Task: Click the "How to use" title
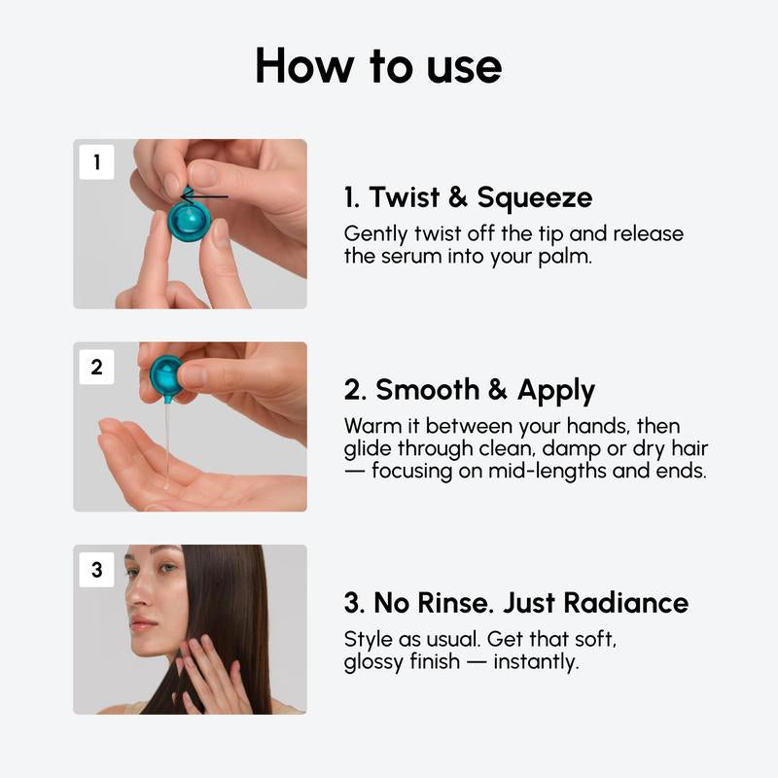378,66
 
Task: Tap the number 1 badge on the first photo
96,162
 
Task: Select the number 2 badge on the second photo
96,367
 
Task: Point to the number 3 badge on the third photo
96,570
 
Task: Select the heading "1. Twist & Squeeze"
468,197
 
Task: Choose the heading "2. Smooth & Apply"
470,390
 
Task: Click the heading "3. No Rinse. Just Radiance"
515,602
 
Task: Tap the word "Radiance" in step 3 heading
628,602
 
